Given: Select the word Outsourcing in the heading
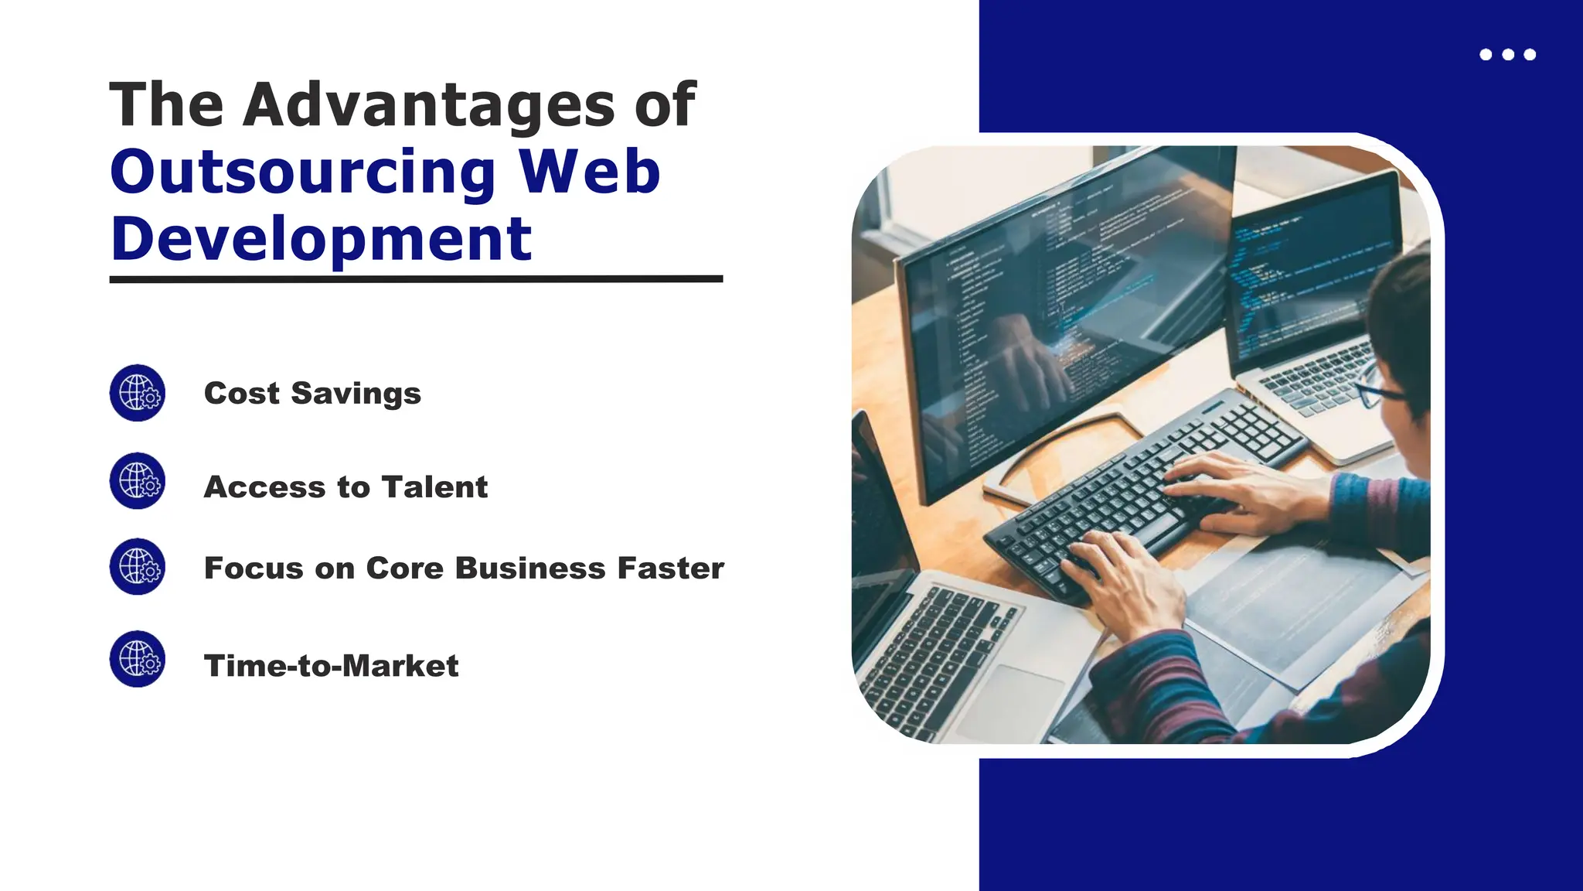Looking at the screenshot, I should click(303, 172).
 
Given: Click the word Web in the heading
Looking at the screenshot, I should click(589, 172).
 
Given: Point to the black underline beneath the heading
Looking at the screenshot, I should click(416, 279).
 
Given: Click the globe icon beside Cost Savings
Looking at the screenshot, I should click(138, 393).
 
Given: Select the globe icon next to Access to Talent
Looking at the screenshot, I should click(138, 481).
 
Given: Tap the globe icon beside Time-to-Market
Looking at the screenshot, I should click(138, 659).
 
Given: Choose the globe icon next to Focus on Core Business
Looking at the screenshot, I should click(138, 567).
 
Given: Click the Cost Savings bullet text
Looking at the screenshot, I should click(312, 394).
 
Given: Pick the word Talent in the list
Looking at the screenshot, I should click(434, 487).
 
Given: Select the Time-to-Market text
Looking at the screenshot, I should click(331, 666).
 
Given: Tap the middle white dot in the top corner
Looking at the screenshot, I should click(1507, 54).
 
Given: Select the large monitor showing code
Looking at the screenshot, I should click(1067, 309).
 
